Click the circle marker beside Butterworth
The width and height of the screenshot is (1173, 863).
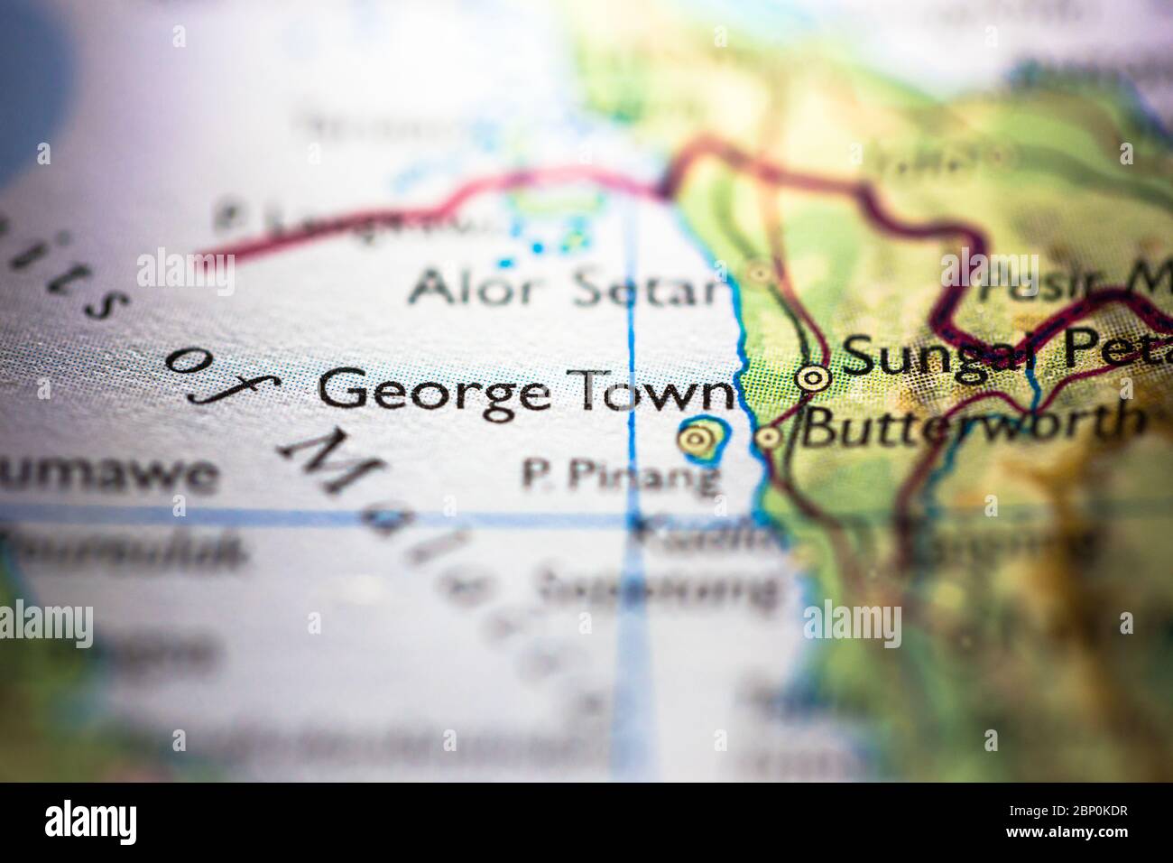768,438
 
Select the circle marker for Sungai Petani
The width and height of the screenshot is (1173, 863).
815,376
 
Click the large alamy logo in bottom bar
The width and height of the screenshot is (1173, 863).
90,822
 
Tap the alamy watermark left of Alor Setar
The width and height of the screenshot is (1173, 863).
185,270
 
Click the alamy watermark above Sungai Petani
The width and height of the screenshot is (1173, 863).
990,269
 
